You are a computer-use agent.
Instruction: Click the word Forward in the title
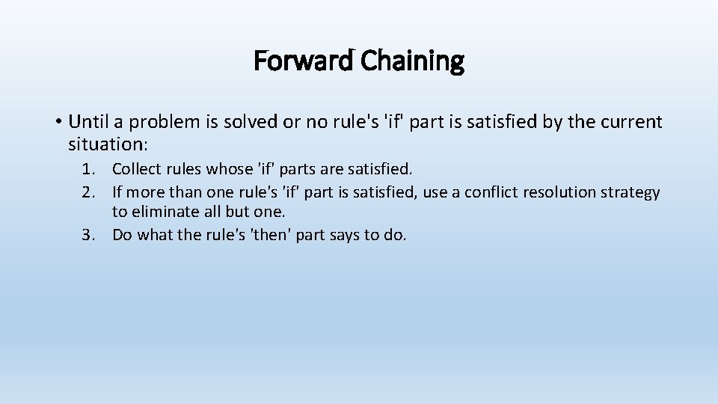coord(304,61)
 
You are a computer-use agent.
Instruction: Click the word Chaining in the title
coord(412,61)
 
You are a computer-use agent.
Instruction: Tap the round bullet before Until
coord(57,122)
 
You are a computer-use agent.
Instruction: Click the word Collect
coord(136,170)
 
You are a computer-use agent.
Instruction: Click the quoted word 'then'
coord(271,235)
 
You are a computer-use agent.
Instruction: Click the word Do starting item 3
coord(122,235)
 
